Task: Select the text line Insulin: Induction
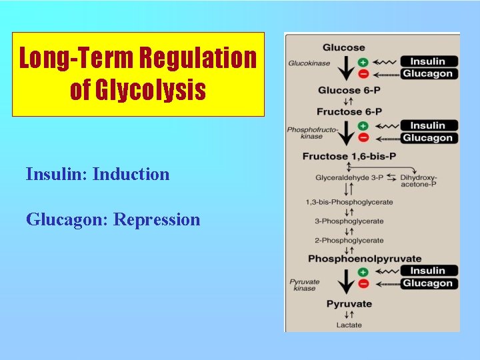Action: tap(97, 175)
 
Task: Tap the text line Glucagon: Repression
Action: tap(113, 219)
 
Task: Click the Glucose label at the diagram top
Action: tap(343, 47)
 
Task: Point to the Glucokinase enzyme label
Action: tap(309, 63)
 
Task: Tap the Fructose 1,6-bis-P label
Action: tap(349, 157)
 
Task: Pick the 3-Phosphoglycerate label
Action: tap(349, 221)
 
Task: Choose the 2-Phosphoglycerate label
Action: tap(349, 240)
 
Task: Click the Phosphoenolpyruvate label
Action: tap(364, 259)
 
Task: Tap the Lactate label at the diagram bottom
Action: tap(349, 325)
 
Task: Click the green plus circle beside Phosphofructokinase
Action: tap(363, 125)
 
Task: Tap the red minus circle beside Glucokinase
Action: tap(363, 73)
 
